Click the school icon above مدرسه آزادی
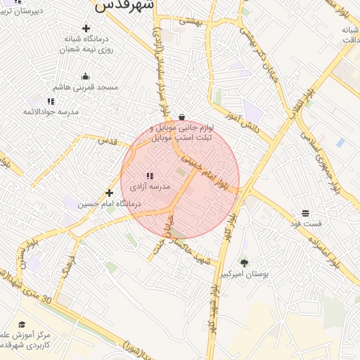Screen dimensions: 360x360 tap(149, 175)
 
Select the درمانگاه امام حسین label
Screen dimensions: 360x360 tap(110, 203)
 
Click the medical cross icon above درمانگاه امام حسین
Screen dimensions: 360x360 tap(109, 192)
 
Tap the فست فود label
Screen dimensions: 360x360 tap(307, 223)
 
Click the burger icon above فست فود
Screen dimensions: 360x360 tap(306, 212)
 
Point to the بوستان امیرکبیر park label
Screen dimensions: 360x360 tap(245, 274)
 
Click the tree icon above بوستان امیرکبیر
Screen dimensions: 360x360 tap(244, 262)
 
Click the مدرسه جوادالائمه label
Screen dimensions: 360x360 tap(50, 112)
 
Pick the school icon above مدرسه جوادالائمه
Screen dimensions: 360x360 tap(51, 101)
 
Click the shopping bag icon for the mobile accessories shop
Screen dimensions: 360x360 tap(182, 117)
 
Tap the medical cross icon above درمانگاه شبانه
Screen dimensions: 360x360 tap(86, 29)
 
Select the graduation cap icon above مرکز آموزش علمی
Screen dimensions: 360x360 tap(22, 324)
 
